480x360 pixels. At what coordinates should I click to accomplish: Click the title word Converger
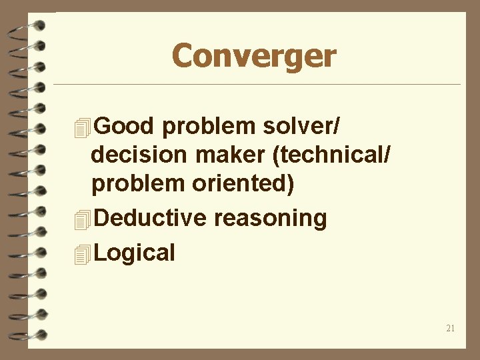(x=254, y=56)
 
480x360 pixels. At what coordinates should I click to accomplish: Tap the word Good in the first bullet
(x=125, y=126)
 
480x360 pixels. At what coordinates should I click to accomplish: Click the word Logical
(x=135, y=253)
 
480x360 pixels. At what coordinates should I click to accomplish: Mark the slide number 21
(x=450, y=328)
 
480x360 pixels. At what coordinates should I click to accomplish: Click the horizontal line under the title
(x=257, y=85)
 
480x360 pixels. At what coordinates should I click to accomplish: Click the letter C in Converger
(x=183, y=56)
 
